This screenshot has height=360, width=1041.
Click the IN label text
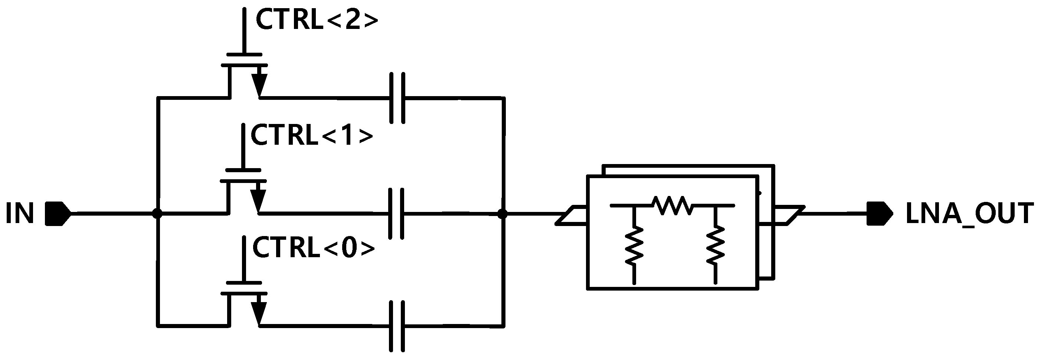(19, 214)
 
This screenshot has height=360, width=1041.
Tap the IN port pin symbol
(58, 213)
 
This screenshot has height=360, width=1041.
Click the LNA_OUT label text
(969, 214)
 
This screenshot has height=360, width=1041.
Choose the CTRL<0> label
(314, 248)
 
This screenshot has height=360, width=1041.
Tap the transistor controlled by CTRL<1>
(244, 192)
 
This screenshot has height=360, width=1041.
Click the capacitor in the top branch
(397, 98)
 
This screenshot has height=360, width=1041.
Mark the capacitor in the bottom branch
(397, 325)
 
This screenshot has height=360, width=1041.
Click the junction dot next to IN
(157, 213)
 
